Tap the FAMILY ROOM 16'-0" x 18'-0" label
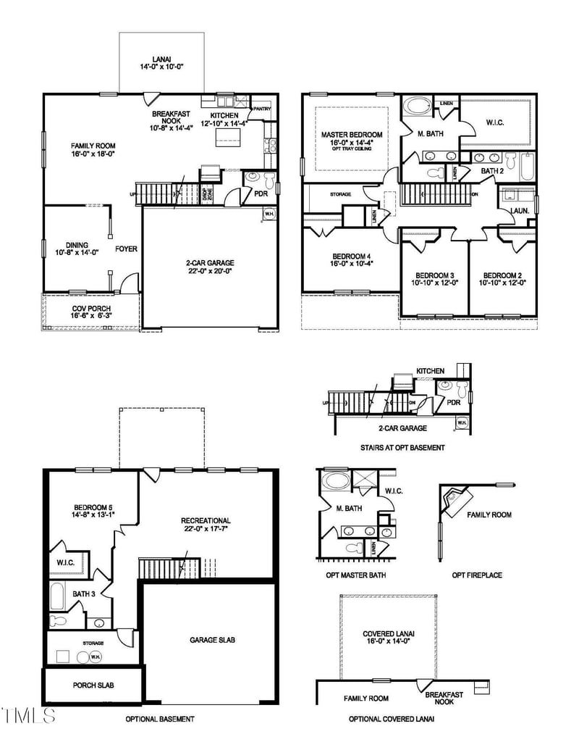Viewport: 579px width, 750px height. point(77,149)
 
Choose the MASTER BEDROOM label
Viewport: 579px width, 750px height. point(351,138)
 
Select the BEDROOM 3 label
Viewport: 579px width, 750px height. point(434,279)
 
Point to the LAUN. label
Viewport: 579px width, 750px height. point(519,210)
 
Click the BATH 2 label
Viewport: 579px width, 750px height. point(492,171)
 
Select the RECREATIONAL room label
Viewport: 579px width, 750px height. point(206,525)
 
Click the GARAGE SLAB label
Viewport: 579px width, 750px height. point(212,640)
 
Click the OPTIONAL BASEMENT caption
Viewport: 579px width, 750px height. point(160,719)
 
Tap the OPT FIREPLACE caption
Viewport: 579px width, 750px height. point(477,575)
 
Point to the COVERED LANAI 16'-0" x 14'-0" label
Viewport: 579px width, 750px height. point(389,638)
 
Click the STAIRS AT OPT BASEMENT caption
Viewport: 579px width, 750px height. point(402,448)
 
